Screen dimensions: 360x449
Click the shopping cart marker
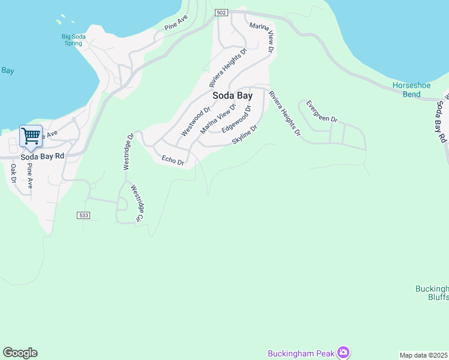31,136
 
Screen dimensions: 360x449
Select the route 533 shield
83,215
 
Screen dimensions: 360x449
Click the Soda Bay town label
232,95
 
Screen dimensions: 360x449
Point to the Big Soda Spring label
72,40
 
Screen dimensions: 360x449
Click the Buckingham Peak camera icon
343,352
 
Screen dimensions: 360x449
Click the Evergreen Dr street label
322,112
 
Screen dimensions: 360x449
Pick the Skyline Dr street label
245,135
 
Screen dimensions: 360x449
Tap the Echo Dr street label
173,160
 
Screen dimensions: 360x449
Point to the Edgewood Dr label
235,120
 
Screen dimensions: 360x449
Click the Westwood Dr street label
196,121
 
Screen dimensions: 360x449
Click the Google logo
20,353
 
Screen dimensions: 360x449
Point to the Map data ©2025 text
424,355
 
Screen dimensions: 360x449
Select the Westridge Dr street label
128,151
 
